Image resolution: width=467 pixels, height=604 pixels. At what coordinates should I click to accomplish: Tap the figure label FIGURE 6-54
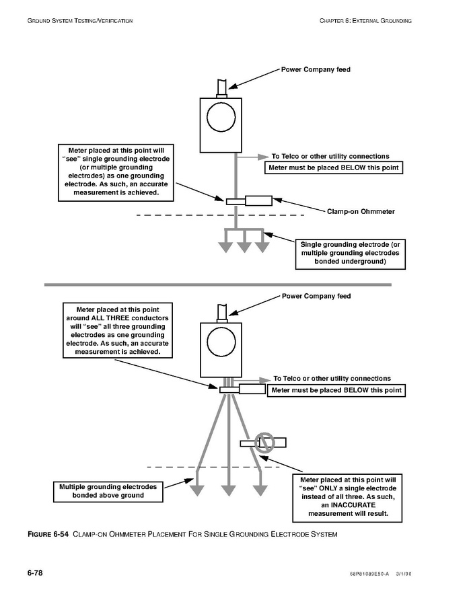[48, 535]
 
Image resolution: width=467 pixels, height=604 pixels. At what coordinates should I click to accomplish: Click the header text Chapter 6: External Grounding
[365, 21]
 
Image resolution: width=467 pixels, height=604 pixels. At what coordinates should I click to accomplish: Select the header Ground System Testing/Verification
[80, 21]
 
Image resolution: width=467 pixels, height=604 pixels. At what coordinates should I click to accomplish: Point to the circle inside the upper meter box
[219, 118]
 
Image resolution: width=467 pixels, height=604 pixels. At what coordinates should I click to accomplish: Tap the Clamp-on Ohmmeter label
[361, 211]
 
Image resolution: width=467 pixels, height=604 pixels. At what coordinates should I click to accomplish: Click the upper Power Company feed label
[316, 69]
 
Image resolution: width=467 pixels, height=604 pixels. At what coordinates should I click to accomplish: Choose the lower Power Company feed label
[316, 296]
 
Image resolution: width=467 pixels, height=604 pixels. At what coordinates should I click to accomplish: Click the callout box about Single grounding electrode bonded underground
[350, 253]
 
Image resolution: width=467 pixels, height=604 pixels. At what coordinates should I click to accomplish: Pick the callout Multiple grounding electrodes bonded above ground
[108, 491]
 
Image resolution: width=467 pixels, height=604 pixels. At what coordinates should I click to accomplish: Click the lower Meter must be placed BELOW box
[336, 390]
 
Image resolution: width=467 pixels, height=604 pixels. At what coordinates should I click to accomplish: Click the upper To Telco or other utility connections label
[330, 156]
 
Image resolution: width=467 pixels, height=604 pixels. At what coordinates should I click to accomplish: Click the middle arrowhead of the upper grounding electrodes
[244, 247]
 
